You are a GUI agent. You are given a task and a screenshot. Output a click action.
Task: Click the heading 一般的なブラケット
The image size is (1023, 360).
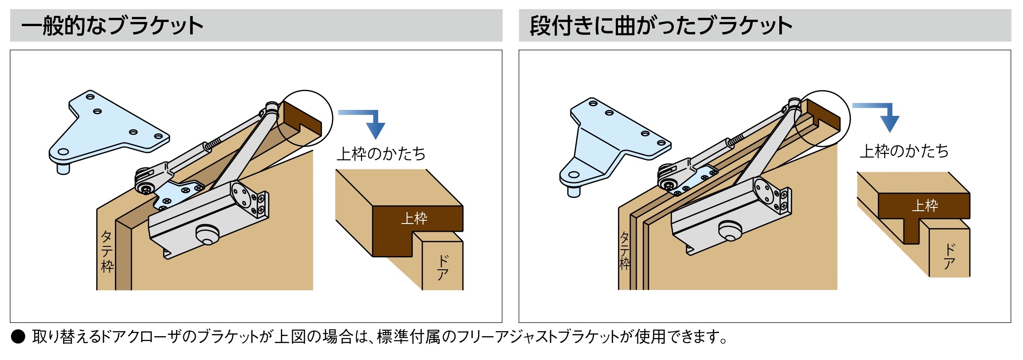(112, 26)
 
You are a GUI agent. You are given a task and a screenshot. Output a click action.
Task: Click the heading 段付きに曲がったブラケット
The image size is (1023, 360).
(661, 26)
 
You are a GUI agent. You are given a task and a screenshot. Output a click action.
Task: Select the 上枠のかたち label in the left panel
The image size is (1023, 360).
(381, 154)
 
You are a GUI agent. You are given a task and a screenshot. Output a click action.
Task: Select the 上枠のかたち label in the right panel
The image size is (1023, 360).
(904, 151)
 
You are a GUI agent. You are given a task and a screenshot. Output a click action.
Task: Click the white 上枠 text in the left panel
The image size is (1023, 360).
(414, 218)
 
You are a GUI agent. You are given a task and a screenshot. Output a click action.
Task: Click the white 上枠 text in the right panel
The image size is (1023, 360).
(925, 205)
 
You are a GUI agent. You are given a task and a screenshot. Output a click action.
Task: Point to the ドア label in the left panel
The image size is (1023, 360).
(443, 268)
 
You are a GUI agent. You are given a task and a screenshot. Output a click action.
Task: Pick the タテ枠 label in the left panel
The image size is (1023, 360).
(107, 252)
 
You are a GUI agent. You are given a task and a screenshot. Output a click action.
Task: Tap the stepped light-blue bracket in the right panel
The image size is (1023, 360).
(614, 142)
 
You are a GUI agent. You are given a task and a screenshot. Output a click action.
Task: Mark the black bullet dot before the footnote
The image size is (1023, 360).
(18, 338)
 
